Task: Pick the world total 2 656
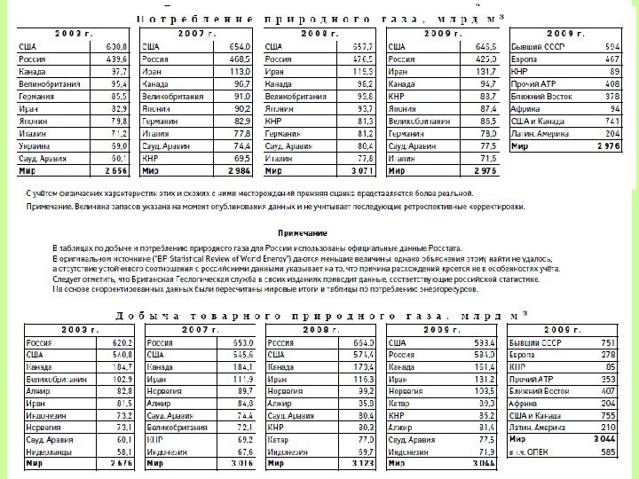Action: pos(117,169)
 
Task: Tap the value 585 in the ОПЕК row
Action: pos(606,452)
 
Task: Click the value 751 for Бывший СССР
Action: pos(606,342)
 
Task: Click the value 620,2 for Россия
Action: pos(120,342)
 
